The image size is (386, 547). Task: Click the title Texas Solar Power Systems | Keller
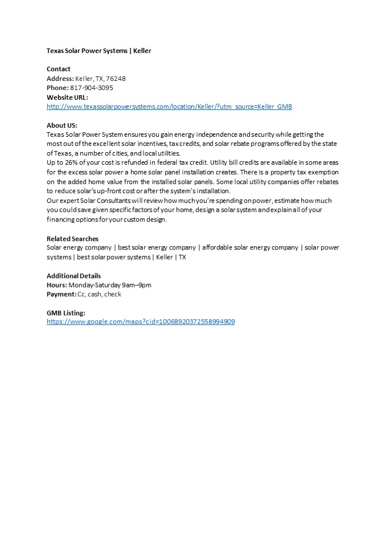98,51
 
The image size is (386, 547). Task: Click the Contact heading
59,69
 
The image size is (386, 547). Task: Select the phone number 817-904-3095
91,88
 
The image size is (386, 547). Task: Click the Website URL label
67,97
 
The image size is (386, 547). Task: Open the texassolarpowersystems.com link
169,107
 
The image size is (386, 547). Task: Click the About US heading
61,125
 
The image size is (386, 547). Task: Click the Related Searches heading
72,238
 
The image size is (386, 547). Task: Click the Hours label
57,285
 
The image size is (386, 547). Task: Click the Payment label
61,294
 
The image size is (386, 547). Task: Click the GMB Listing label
66,312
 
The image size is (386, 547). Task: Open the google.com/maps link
141,321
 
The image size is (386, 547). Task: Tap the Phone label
57,88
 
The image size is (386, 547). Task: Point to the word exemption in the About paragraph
322,172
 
